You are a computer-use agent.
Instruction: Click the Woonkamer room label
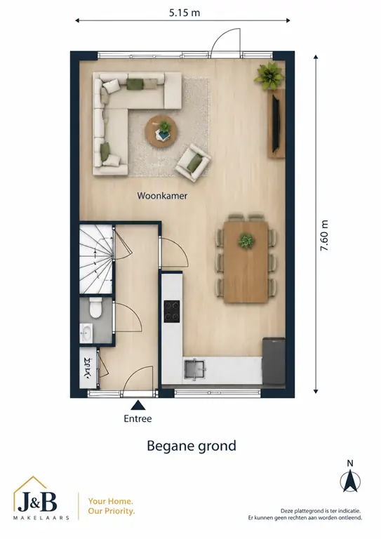[162, 196]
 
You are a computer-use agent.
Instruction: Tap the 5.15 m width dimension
[185, 13]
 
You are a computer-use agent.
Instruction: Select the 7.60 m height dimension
[324, 236]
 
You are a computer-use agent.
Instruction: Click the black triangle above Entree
[138, 405]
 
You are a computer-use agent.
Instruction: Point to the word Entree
[138, 419]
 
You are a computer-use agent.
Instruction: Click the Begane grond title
[192, 446]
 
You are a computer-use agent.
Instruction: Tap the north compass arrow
[350, 481]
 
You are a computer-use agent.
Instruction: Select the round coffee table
[161, 132]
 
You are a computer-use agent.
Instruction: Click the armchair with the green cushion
[193, 162]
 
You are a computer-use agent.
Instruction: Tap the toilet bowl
[95, 307]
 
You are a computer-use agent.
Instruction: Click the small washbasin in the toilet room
[86, 333]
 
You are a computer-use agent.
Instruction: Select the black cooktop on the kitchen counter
[172, 312]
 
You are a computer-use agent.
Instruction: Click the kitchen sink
[195, 370]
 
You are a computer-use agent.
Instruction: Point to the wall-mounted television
[276, 123]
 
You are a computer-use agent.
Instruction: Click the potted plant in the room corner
[269, 76]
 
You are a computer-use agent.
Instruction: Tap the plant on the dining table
[246, 240]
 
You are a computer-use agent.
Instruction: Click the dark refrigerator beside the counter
[274, 361]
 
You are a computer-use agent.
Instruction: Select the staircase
[96, 259]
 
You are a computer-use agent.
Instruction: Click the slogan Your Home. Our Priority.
[112, 506]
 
